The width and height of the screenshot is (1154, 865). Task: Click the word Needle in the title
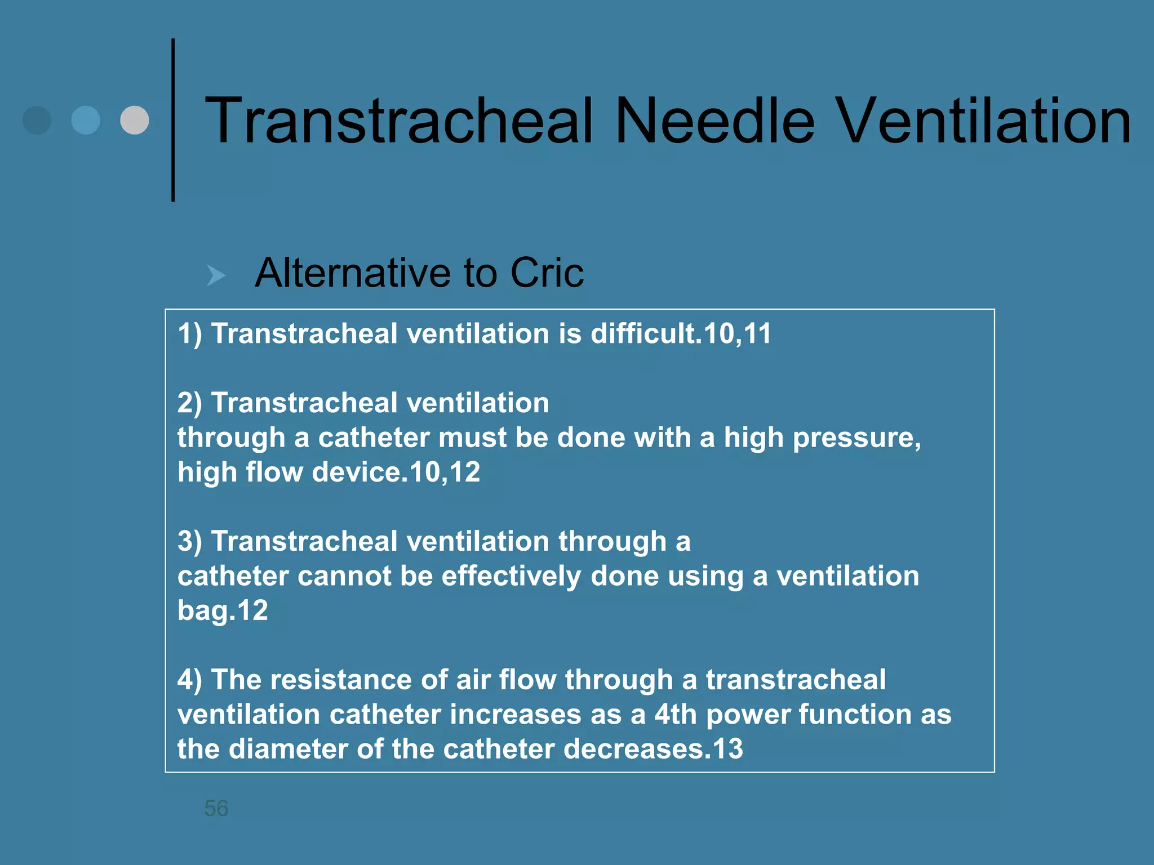(x=714, y=121)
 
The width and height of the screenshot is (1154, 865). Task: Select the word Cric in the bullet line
(x=547, y=273)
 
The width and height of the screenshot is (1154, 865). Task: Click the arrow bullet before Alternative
(x=216, y=275)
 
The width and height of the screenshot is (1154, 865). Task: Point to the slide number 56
(x=216, y=808)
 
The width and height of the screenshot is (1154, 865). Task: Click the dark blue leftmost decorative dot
(x=37, y=120)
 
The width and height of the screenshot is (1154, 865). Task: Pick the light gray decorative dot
(x=135, y=120)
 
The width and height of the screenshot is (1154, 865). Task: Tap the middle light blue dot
(x=86, y=120)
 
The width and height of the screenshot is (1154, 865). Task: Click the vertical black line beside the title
(x=173, y=120)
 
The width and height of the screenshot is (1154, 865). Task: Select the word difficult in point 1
(x=642, y=333)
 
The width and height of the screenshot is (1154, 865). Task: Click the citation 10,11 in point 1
(x=738, y=333)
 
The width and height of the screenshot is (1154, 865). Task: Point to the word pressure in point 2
(x=856, y=438)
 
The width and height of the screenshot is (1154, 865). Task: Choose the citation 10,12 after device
(x=445, y=472)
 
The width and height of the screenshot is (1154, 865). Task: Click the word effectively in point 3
(x=511, y=576)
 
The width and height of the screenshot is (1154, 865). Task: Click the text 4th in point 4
(x=676, y=715)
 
